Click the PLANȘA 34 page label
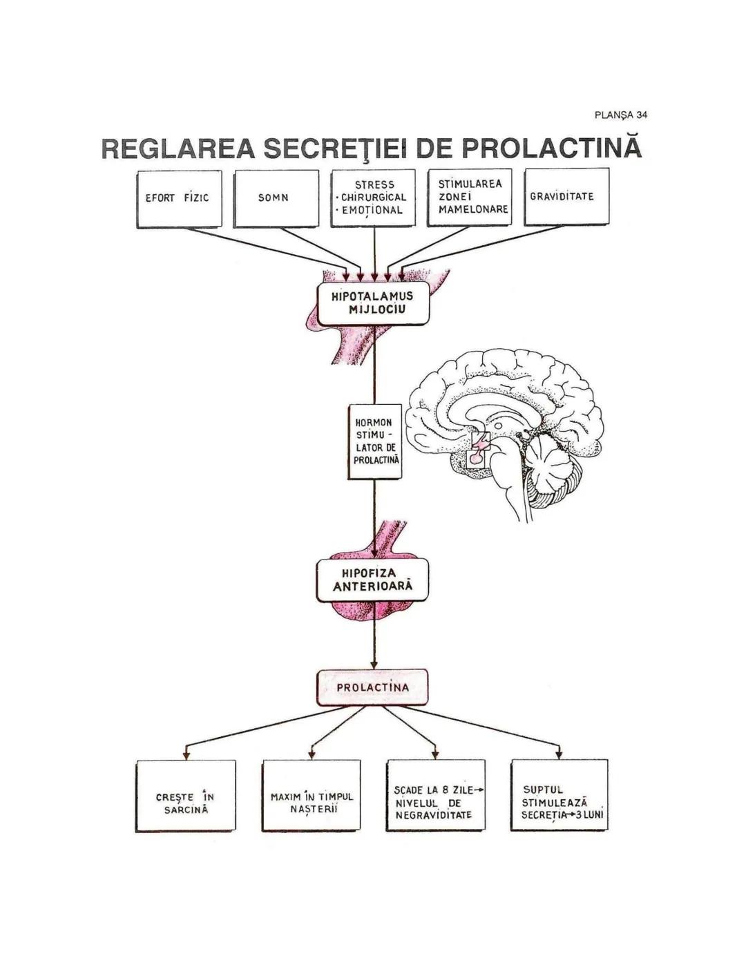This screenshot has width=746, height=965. pyautogui.click(x=620, y=115)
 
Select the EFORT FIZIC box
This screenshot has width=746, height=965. pyautogui.click(x=178, y=198)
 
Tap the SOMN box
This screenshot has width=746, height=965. pyautogui.click(x=275, y=198)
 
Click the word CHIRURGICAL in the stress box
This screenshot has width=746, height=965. pyautogui.click(x=374, y=198)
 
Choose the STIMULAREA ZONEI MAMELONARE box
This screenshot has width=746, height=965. pyautogui.click(x=469, y=197)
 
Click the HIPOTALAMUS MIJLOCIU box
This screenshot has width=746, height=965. pyautogui.click(x=373, y=303)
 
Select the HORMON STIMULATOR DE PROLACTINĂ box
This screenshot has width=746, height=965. pyautogui.click(x=374, y=441)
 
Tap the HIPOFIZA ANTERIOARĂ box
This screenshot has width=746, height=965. pyautogui.click(x=373, y=580)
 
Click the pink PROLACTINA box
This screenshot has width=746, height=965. pyautogui.click(x=373, y=687)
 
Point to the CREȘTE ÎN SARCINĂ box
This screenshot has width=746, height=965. pyautogui.click(x=185, y=796)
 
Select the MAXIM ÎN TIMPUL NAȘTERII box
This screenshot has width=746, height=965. pyautogui.click(x=311, y=796)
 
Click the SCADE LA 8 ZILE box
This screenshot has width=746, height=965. pyautogui.click(x=435, y=796)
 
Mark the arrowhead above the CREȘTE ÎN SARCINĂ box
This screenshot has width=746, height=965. pyautogui.click(x=186, y=754)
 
